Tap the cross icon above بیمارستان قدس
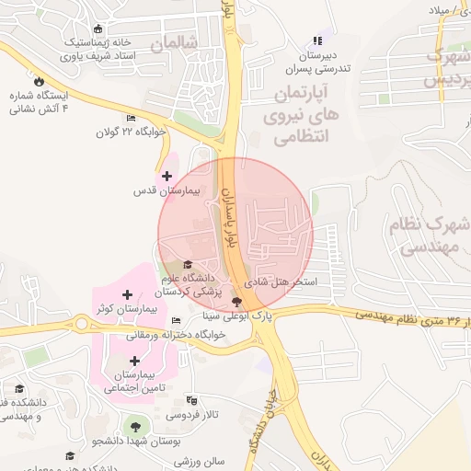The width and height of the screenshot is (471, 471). (x=167, y=176)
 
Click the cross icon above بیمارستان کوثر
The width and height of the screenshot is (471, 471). (x=126, y=294)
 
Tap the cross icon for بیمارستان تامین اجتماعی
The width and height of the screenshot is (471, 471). (x=135, y=361)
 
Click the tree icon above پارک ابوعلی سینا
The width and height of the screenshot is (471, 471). (x=237, y=302)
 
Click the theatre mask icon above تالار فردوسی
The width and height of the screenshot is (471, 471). (x=191, y=401)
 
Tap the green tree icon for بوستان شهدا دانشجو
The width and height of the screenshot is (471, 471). (x=137, y=426)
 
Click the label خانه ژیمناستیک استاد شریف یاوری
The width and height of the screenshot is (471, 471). (x=95, y=49)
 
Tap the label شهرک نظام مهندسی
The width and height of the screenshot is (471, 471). (x=436, y=234)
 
